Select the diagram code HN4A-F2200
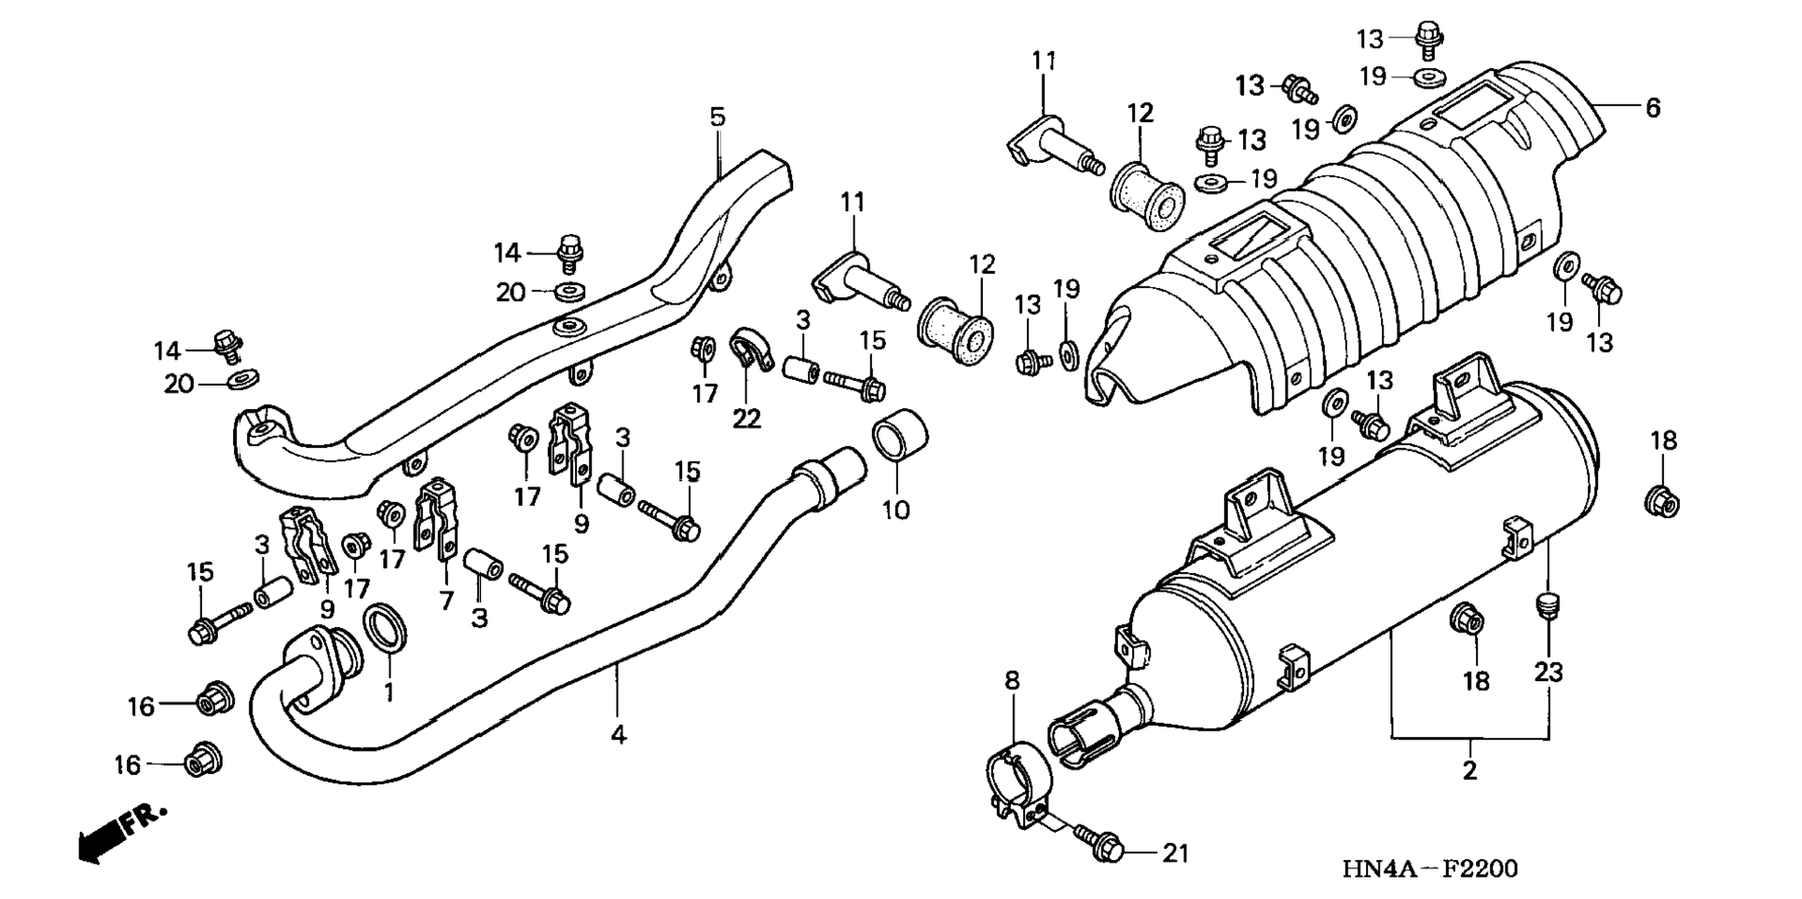pyautogui.click(x=1429, y=869)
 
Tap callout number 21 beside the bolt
pyautogui.click(x=1177, y=852)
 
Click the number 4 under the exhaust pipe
pyautogui.click(x=619, y=735)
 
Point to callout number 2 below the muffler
pyautogui.click(x=1469, y=770)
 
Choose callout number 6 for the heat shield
pyautogui.click(x=1652, y=108)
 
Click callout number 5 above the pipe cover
pyautogui.click(x=717, y=117)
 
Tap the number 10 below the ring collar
pyautogui.click(x=896, y=510)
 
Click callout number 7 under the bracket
pyautogui.click(x=446, y=601)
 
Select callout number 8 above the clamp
pyautogui.click(x=1012, y=681)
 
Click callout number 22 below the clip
pyautogui.click(x=746, y=418)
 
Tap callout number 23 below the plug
pyautogui.click(x=1548, y=672)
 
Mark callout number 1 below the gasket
pyautogui.click(x=389, y=691)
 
